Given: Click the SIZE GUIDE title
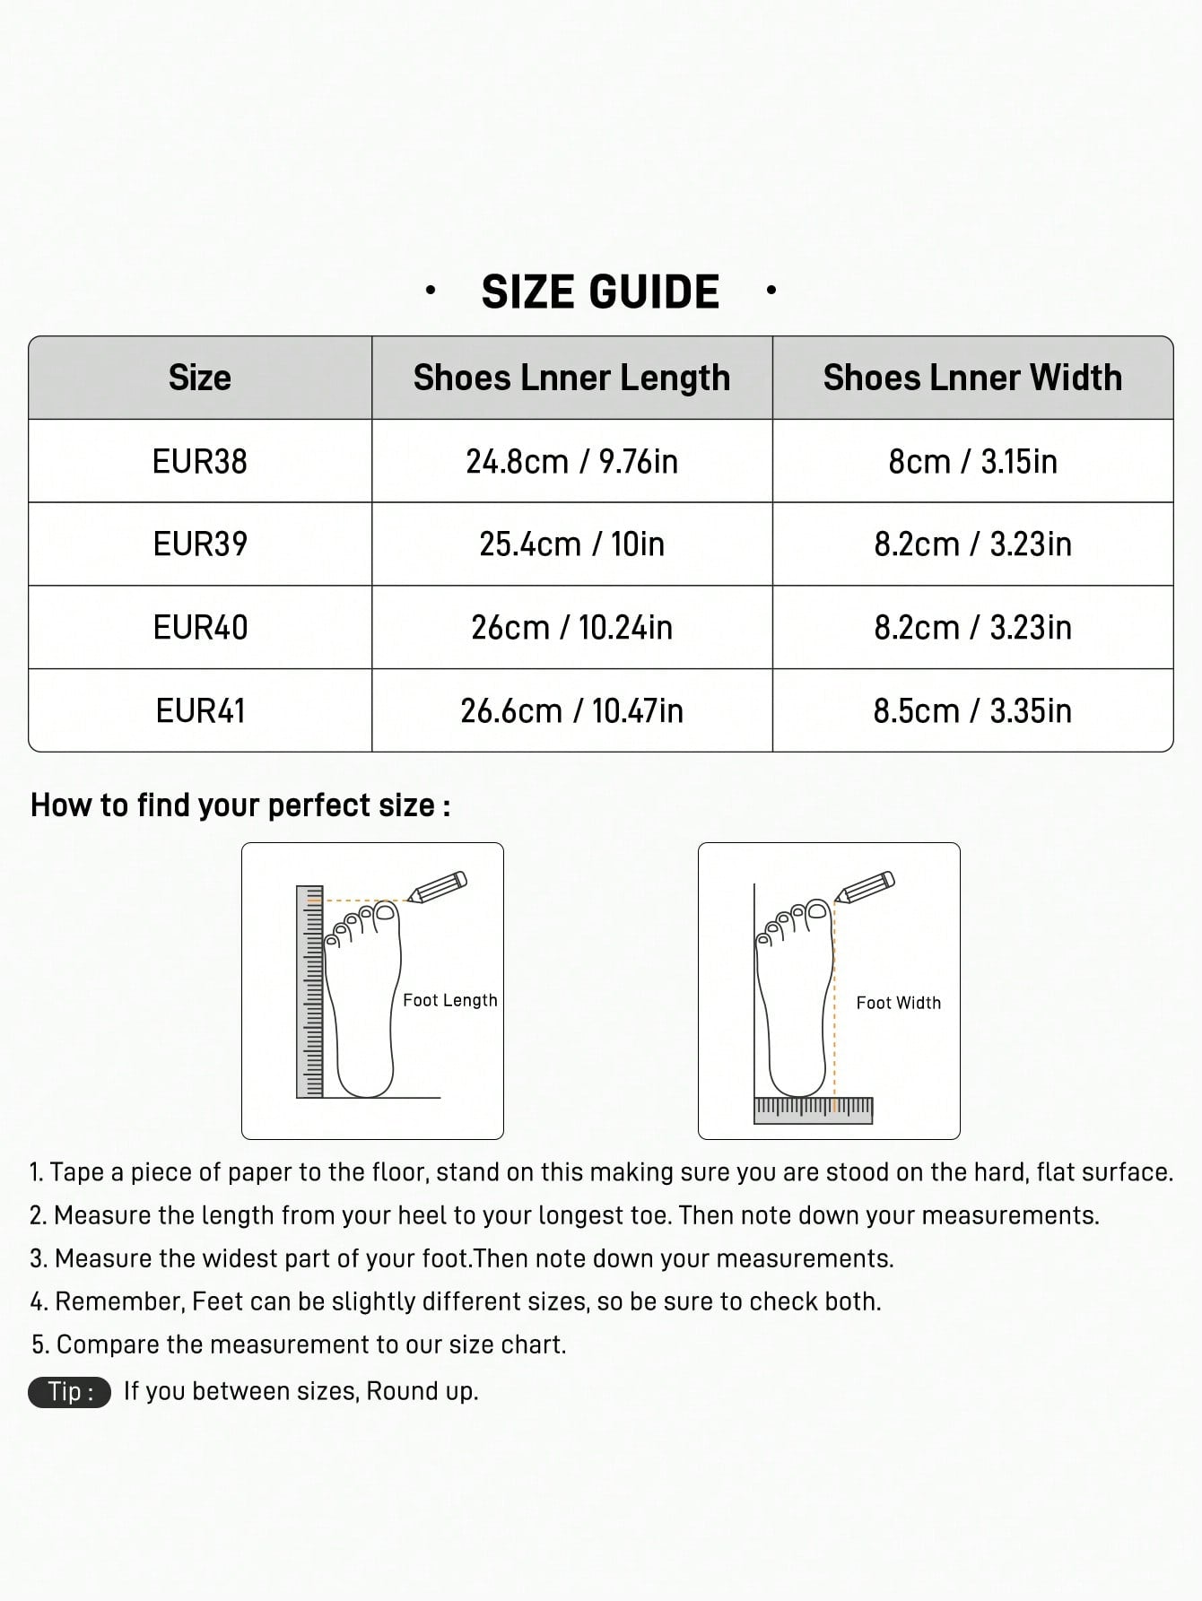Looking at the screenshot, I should point(600,292).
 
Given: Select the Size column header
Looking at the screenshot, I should point(200,378).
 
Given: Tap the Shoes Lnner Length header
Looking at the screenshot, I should point(571,378).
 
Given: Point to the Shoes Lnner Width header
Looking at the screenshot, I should point(972,378).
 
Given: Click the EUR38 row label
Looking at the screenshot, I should point(200,461).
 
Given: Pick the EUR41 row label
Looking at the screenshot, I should point(200,710).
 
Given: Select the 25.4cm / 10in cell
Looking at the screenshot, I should point(571,544).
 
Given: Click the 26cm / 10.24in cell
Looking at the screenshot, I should point(571,627).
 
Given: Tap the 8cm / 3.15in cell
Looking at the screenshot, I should point(972,461).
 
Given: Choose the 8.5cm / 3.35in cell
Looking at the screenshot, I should point(972,710).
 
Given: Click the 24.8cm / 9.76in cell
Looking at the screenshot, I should point(571,461).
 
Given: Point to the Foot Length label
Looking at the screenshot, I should point(449,1000).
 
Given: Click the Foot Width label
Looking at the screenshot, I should point(898,1003).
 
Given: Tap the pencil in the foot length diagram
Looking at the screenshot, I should point(438,886).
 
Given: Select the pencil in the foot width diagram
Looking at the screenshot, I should point(865,886).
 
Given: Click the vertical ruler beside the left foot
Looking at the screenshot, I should point(309,991).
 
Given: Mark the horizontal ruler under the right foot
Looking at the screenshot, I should point(813,1110).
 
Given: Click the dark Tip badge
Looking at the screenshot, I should point(70,1391).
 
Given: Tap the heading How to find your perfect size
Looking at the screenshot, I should point(240,805).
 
